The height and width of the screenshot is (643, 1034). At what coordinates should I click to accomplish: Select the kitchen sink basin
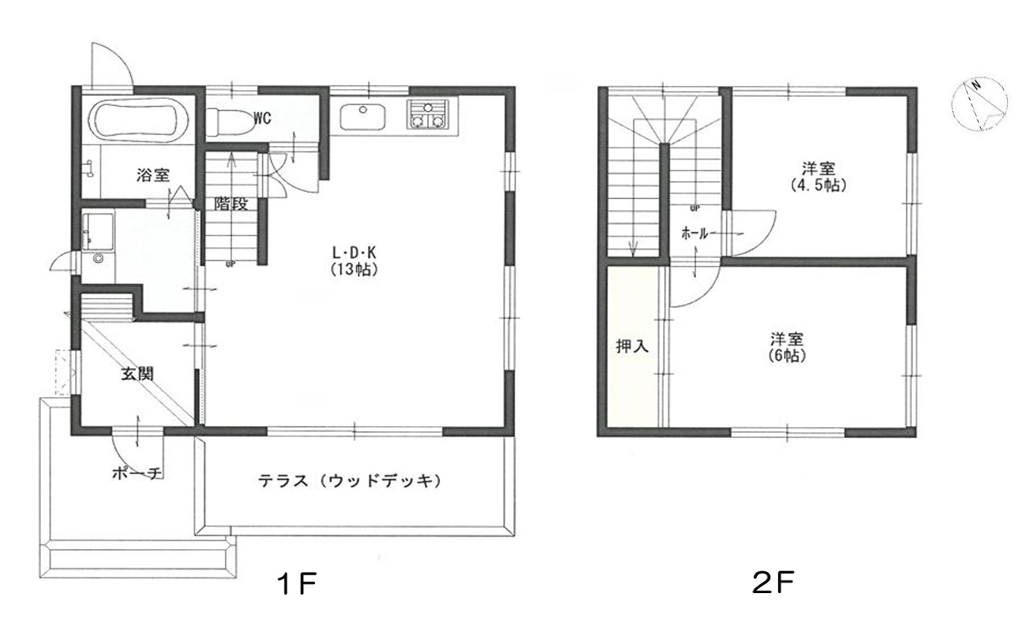coord(363,117)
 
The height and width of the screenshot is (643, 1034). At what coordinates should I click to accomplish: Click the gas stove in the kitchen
coord(427,114)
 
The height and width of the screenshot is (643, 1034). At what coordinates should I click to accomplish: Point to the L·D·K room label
coord(354,253)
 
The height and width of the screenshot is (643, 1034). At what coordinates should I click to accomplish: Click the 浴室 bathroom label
coord(153,175)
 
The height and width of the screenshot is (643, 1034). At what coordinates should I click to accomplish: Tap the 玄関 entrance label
coord(138,374)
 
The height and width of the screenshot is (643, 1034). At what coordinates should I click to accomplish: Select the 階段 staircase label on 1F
coord(232,203)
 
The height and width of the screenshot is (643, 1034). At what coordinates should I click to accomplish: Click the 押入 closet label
coord(633,346)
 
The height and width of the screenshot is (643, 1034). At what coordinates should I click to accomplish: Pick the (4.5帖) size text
coord(818,186)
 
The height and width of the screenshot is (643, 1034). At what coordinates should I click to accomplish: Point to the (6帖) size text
coord(787,355)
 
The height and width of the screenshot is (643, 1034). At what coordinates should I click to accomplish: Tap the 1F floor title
coord(297,584)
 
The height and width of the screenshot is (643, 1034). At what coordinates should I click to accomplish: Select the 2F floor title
coord(773,583)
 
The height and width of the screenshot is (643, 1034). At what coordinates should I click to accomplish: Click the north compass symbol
coord(980,110)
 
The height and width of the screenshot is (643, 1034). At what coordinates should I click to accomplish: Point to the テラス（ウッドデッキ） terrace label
coord(349,481)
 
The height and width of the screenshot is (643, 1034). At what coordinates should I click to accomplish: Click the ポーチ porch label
coord(138,473)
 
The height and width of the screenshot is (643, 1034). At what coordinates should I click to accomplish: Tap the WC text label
coord(262,118)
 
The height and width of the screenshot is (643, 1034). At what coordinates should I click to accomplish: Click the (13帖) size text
coord(354,269)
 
